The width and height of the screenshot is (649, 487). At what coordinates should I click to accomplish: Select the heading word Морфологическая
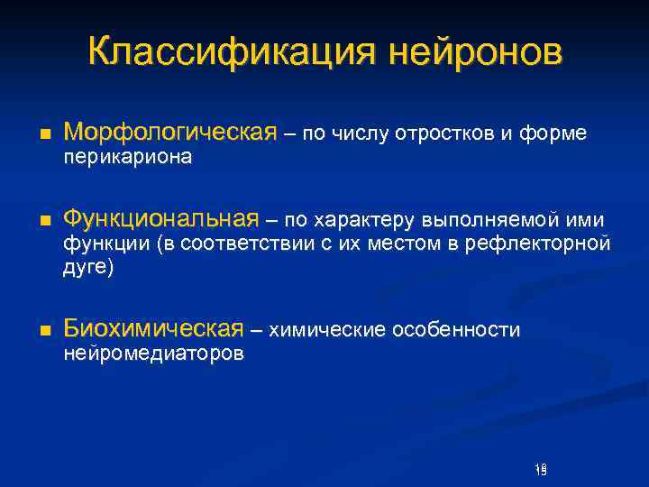click(x=170, y=133)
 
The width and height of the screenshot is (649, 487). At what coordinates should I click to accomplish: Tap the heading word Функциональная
click(x=161, y=220)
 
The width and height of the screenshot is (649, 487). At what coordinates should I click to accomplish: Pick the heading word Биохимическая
click(x=154, y=328)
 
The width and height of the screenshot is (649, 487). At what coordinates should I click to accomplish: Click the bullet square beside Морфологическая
click(x=44, y=133)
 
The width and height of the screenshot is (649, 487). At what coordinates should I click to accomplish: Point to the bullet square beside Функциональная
click(x=44, y=221)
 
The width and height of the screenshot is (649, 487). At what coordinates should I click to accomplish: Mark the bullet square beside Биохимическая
click(x=44, y=329)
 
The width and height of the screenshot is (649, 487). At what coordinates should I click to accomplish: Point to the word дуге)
click(x=88, y=268)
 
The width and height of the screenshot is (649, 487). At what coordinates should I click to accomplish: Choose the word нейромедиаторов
click(x=153, y=354)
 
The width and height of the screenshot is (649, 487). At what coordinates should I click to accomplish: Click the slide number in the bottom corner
click(x=541, y=469)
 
